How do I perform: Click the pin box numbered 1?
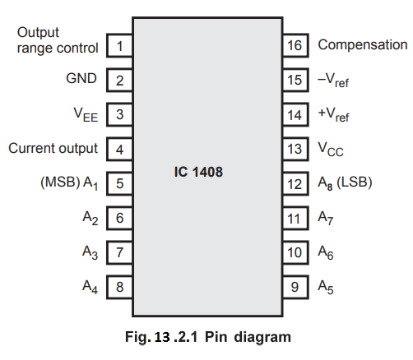coord(119,45)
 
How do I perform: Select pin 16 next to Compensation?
coord(295,45)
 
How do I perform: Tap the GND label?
coord(81,78)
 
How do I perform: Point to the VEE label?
coord(86,114)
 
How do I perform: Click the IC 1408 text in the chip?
coord(198,172)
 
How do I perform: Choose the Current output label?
coord(53,148)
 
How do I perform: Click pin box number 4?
coord(119,150)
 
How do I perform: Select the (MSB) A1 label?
coord(69,183)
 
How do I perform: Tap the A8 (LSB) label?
coord(345,182)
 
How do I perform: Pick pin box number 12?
coord(295,183)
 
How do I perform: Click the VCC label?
coord(331,150)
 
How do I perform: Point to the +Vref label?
coord(333,114)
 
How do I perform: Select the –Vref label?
coord(333,81)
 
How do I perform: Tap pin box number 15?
coord(295,80)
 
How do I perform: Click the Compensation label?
coord(363,45)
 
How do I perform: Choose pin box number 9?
coord(295,287)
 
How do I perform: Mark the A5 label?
coord(326,287)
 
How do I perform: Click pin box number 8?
coord(119,287)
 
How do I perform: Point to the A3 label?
coord(90,252)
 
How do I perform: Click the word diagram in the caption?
coord(262,338)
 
